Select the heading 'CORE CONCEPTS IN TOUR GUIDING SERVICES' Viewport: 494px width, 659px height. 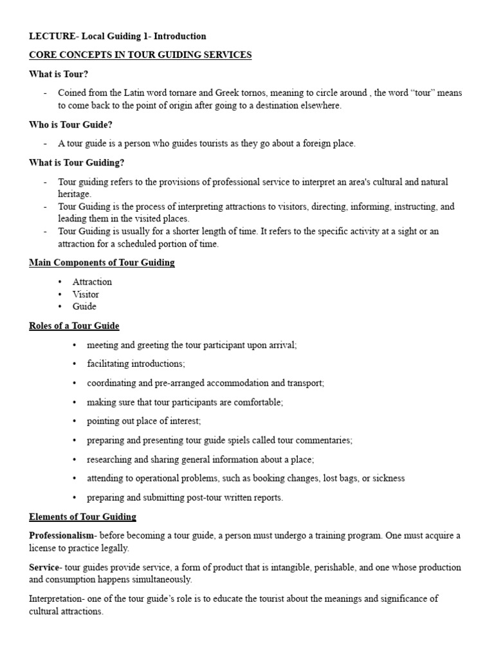[140, 55]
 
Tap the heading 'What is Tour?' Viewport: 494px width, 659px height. [59, 74]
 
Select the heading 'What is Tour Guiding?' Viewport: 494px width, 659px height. [77, 163]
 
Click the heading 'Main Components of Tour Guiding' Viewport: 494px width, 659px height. [102, 263]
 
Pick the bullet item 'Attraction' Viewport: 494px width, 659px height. [92, 282]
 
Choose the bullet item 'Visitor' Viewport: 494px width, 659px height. [86, 294]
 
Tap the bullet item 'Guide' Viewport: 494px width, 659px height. [84, 307]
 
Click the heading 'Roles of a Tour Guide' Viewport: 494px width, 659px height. [74, 326]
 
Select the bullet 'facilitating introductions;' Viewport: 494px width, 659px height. [136, 364]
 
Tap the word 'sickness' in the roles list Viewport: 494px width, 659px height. [389, 478]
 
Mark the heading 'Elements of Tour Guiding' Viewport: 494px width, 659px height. [82, 517]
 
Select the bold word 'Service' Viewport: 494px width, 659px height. [43, 567]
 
